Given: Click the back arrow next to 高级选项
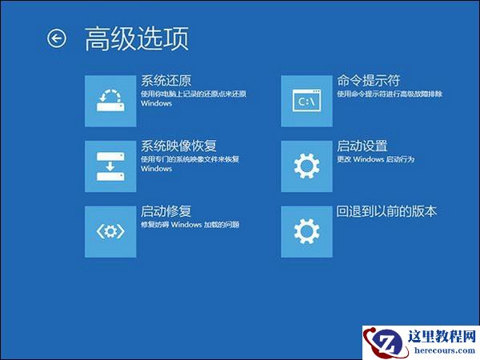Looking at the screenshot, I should (57, 38).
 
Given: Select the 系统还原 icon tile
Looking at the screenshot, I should (110, 101).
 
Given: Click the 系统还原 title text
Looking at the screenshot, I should (166, 81).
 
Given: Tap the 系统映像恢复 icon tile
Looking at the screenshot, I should (110, 166).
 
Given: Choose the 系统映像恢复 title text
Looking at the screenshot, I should (179, 146).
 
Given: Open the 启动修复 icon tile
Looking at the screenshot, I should (110, 231).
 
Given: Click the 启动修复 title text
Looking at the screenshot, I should (166, 212).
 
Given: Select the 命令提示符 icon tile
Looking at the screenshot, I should (306, 101).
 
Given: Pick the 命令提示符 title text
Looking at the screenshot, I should (369, 81).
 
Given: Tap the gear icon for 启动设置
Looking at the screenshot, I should (306, 166).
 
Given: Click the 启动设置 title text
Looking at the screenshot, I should (362, 146).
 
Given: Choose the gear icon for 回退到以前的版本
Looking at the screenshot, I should (306, 231).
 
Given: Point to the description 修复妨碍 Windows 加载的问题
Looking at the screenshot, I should (190, 226).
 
